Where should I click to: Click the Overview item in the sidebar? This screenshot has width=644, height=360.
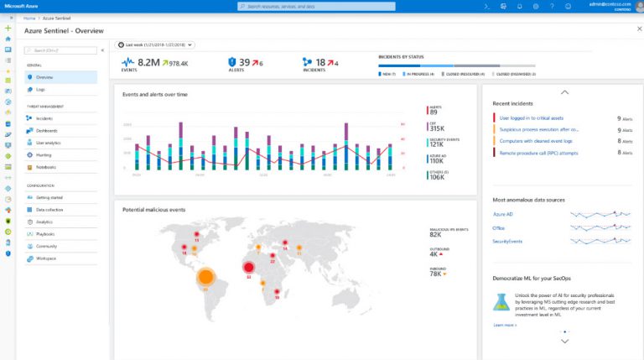[44, 77]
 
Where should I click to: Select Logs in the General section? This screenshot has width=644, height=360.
[41, 89]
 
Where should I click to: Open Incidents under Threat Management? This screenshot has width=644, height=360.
[44, 118]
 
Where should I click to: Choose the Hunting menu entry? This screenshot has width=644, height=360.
[44, 155]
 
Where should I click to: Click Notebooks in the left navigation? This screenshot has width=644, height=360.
[46, 167]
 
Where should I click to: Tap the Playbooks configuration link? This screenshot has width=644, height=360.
[45, 234]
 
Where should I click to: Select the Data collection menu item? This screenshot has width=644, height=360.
[49, 209]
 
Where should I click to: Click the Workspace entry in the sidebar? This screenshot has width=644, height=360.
[46, 258]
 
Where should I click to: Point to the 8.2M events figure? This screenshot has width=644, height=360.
[149, 62]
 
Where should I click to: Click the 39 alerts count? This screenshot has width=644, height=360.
[245, 62]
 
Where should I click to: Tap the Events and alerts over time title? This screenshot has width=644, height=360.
[155, 95]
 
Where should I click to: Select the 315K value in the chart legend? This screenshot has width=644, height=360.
[437, 128]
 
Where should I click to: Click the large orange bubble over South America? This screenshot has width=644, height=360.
[205, 277]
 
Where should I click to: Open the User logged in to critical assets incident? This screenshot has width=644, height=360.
[532, 118]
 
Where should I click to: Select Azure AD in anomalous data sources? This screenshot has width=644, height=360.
[502, 215]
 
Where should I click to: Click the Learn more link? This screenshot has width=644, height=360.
[504, 325]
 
